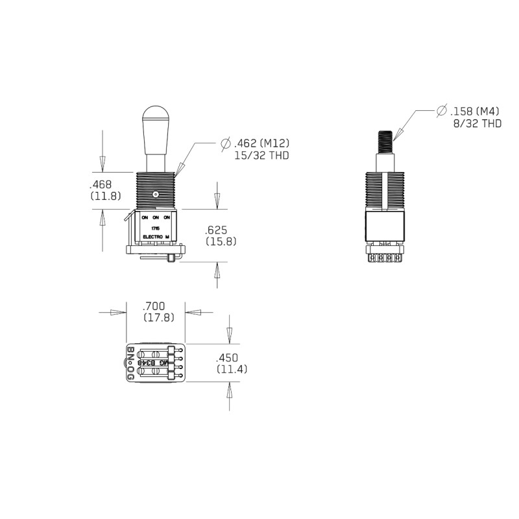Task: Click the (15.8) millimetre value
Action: (220, 241)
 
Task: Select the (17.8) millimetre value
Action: (158, 317)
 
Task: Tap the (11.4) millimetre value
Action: (230, 369)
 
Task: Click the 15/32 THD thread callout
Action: (261, 156)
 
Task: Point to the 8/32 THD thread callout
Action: (477, 123)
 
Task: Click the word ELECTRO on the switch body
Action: (152, 237)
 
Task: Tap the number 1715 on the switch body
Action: (155, 228)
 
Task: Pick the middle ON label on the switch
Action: (156, 217)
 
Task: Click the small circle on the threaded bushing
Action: (156, 194)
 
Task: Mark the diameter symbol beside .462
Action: (226, 143)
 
